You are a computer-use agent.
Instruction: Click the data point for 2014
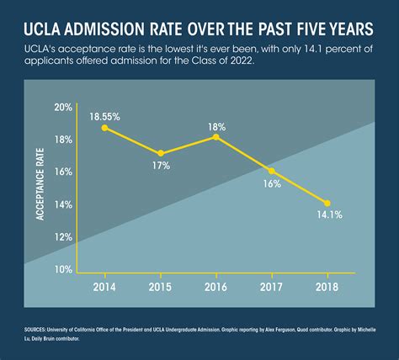coord(104,128)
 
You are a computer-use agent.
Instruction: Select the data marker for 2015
coord(160,153)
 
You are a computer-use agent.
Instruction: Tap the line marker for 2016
coord(215,136)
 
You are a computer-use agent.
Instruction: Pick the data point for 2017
coord(271,170)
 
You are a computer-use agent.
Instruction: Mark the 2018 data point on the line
coord(327,203)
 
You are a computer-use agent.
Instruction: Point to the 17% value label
coord(161,167)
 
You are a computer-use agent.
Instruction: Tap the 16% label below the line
coord(272,183)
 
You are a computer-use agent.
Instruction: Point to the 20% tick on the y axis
coord(63,107)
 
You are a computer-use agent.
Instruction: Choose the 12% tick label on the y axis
coord(63,237)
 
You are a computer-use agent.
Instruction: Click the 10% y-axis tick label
coord(63,269)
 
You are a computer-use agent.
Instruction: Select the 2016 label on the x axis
coord(215,288)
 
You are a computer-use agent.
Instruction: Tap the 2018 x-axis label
coord(327,288)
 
